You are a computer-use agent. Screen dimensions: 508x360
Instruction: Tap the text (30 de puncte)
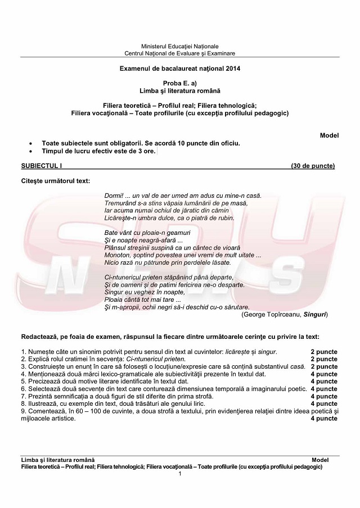click(x=313, y=166)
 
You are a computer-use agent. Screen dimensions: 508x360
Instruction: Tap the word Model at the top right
click(x=329, y=135)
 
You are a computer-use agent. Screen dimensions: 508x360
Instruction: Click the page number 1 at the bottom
click(x=180, y=474)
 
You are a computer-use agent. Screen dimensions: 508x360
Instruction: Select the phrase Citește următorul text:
click(x=55, y=180)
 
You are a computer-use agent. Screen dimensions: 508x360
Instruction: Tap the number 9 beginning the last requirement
click(x=23, y=411)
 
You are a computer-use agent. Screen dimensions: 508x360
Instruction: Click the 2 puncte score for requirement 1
click(x=324, y=351)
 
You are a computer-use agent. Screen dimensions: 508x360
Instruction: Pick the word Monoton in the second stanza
click(x=117, y=255)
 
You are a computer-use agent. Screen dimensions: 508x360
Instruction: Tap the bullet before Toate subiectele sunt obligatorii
click(x=37, y=143)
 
